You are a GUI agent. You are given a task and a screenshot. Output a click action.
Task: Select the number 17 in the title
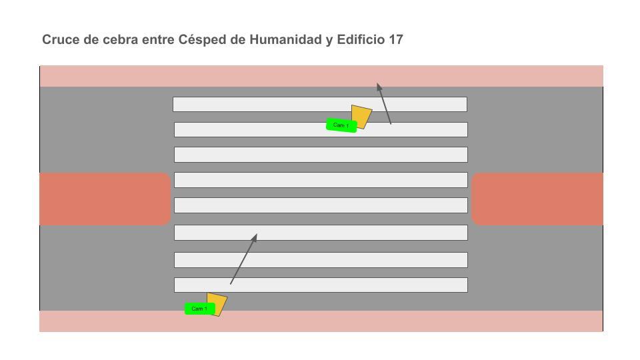tap(395, 39)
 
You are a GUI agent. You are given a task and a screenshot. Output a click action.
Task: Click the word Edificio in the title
tap(361, 39)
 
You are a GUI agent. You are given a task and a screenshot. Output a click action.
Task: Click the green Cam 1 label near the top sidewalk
tap(341, 125)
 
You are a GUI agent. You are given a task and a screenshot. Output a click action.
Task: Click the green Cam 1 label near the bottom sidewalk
tap(199, 309)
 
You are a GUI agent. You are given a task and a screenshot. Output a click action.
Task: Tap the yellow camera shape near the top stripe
tap(361, 116)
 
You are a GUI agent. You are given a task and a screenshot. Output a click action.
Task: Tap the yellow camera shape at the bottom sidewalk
tap(217, 303)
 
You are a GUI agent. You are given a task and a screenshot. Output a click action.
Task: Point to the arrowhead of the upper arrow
tap(378, 86)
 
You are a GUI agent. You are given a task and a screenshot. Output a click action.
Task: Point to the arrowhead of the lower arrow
tap(255, 236)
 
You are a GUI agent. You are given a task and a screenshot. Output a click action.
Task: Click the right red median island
tap(537, 199)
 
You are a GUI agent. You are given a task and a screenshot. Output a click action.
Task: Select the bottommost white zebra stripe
tap(321, 285)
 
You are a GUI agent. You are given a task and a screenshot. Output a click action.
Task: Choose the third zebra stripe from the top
tap(321, 155)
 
